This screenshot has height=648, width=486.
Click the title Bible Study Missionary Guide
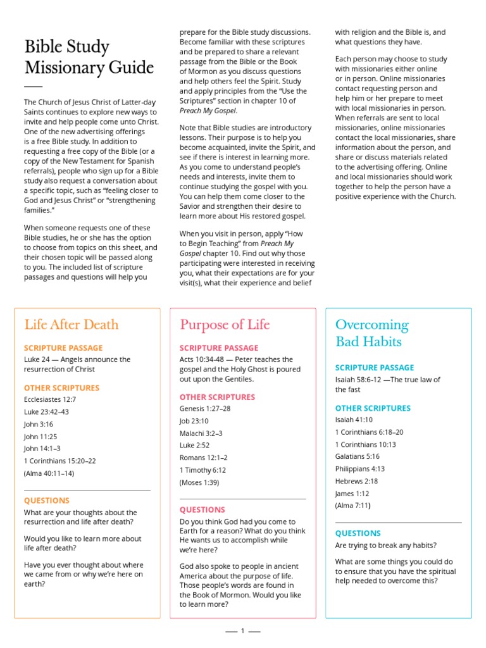[89, 57]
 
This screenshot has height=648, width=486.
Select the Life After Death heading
[72, 325]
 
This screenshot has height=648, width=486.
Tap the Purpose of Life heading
[225, 325]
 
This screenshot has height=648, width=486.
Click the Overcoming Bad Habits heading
[372, 333]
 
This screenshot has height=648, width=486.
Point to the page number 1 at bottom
[242, 631]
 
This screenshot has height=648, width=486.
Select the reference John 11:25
[40, 436]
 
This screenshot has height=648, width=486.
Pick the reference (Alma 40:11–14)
[49, 473]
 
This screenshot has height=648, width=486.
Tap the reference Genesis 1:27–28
[205, 409]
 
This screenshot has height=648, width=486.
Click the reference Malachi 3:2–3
[201, 433]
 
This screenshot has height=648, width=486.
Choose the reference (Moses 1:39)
[199, 482]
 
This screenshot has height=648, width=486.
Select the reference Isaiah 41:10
[354, 420]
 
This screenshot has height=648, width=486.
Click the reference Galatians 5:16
[358, 456]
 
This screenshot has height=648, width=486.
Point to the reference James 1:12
[352, 494]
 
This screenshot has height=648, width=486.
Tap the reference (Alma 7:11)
[352, 506]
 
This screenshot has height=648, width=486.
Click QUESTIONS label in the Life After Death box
[47, 501]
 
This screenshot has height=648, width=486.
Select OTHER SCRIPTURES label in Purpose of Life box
[217, 397]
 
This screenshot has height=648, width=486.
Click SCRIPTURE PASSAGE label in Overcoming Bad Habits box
[375, 368]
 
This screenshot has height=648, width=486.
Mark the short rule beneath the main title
[33, 86]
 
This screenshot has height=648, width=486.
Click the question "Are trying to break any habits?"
[386, 545]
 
